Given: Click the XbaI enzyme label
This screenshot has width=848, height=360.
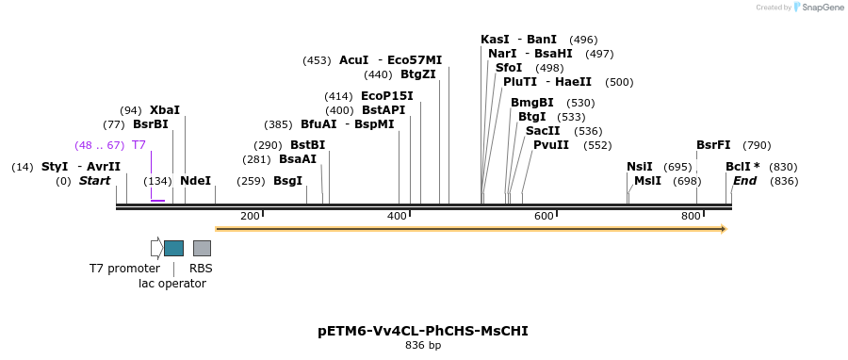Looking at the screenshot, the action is pos(164,110).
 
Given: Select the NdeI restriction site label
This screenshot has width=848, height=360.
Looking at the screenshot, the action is pos(195,181).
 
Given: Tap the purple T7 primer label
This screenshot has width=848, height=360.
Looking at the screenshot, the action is pos(139,145).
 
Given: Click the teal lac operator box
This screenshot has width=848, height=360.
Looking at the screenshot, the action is pos(173,248).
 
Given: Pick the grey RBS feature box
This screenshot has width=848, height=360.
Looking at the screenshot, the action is pos(202,248).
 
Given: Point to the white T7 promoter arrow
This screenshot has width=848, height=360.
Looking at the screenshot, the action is pos(156,248).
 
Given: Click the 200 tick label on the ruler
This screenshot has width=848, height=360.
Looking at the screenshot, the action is pos(250,217).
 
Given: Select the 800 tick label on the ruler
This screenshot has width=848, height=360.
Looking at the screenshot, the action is pos(691,217).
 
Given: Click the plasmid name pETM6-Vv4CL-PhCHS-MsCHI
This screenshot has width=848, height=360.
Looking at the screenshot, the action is pos(423,331).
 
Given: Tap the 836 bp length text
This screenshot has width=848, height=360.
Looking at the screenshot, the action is pos(423,346).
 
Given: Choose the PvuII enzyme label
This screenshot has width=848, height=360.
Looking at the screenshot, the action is pos(551,145).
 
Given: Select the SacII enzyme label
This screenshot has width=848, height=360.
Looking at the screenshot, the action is pos(543,131).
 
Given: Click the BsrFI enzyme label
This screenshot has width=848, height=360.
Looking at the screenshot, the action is pos(713,145).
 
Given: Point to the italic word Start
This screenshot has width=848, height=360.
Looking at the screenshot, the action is pos(94,181).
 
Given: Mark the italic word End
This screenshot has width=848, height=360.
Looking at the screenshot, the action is pos(744,181).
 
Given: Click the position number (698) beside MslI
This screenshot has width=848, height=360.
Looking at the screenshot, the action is pos(687,181).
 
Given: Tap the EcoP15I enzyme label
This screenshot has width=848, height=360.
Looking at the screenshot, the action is pos(386,96).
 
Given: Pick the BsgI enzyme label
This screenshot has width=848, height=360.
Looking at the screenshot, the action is pos(288,181).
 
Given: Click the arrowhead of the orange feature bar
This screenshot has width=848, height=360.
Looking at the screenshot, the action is pos(724,228).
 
